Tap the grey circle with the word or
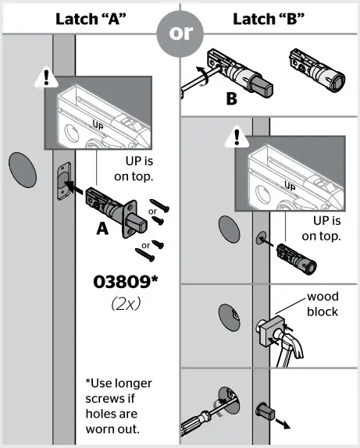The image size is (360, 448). tap(180, 35)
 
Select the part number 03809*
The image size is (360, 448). tap(126, 281)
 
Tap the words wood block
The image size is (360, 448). tap(322, 304)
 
